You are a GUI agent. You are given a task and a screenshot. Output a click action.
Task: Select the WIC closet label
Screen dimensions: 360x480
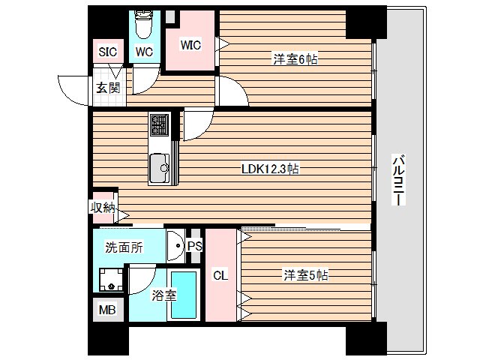click(190, 44)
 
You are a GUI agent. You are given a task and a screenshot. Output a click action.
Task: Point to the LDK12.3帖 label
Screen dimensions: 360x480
click(270, 169)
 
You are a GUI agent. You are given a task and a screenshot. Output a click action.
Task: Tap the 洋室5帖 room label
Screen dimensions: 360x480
click(305, 275)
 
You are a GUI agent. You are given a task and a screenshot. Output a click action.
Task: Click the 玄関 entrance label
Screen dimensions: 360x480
click(107, 87)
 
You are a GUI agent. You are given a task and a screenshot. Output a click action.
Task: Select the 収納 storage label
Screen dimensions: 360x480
click(103, 208)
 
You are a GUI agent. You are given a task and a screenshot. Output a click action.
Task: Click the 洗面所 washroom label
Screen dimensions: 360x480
click(124, 248)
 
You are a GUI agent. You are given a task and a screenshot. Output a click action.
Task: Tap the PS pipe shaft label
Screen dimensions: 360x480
click(193, 246)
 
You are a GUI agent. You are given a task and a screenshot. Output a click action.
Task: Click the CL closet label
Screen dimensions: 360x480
click(220, 275)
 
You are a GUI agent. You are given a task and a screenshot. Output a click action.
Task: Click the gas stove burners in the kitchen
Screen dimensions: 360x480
click(159, 123)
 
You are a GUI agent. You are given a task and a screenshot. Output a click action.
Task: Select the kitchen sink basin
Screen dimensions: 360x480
click(159, 167)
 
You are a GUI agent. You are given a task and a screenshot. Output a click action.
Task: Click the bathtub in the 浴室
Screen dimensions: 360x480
click(183, 296)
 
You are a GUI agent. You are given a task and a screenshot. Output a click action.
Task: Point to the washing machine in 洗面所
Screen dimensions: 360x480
click(112, 280)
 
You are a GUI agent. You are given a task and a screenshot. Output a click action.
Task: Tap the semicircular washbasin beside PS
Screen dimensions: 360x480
click(175, 245)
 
